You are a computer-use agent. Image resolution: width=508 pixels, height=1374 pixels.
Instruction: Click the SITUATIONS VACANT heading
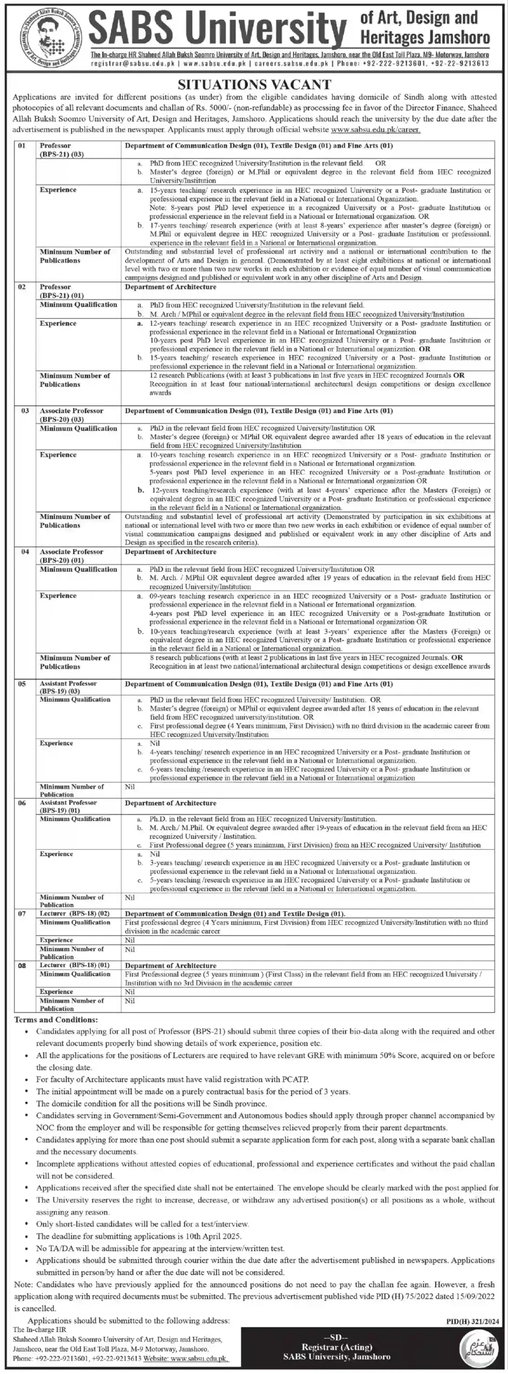(254, 84)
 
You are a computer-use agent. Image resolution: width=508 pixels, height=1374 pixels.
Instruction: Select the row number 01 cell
(22, 145)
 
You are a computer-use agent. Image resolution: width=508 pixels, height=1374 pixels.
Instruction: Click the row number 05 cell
(22, 684)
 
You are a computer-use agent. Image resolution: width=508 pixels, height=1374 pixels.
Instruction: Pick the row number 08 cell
(22, 965)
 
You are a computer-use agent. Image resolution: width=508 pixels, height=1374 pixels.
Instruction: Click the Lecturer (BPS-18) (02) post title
(75, 913)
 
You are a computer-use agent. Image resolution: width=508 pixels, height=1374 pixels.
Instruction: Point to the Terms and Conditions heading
(56, 1020)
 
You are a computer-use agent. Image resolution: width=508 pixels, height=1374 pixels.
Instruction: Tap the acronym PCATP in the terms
(296, 1078)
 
